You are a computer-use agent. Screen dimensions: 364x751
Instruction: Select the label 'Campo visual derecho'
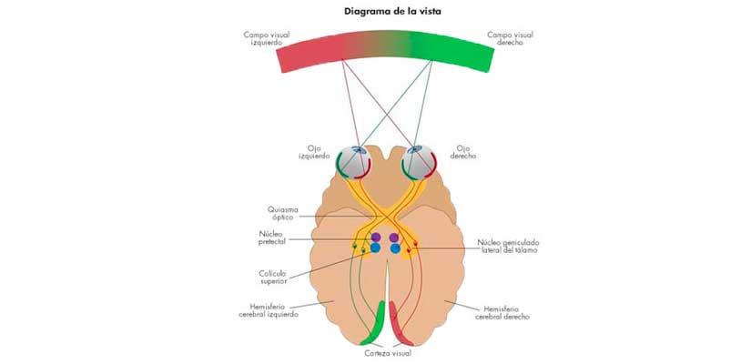[x=510, y=39]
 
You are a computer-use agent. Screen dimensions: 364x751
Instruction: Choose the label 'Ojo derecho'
[x=463, y=151]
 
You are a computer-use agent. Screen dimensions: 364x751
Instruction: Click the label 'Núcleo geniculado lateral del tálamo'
[x=507, y=246]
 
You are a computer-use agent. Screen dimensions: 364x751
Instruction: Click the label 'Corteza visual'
[x=383, y=353]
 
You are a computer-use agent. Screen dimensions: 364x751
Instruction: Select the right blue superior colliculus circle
[x=395, y=248]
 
